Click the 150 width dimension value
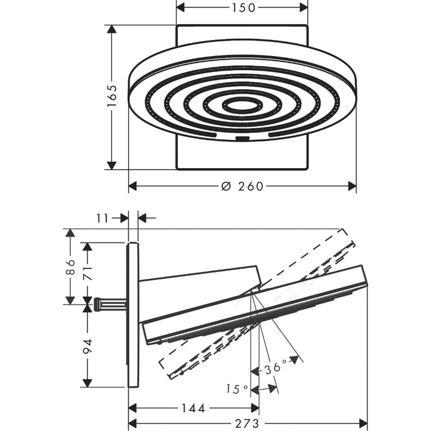244,7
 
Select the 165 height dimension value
112,96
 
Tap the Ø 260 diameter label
243,186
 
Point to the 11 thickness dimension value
103,219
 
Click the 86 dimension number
71,267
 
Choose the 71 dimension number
87,273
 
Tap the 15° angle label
237,389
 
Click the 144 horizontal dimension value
193,408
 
